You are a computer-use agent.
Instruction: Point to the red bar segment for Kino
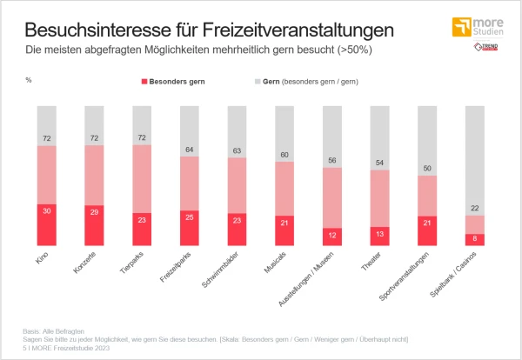(x=46, y=225)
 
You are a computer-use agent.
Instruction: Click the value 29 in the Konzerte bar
(x=94, y=211)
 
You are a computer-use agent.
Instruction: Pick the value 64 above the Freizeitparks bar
(x=189, y=150)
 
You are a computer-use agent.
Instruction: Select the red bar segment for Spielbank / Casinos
(x=474, y=239)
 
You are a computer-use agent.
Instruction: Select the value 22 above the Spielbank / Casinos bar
(x=474, y=209)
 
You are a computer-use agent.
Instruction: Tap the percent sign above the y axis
(x=29, y=80)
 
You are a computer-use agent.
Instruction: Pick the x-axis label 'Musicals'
(x=276, y=263)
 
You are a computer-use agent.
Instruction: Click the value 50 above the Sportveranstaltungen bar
(x=426, y=169)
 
